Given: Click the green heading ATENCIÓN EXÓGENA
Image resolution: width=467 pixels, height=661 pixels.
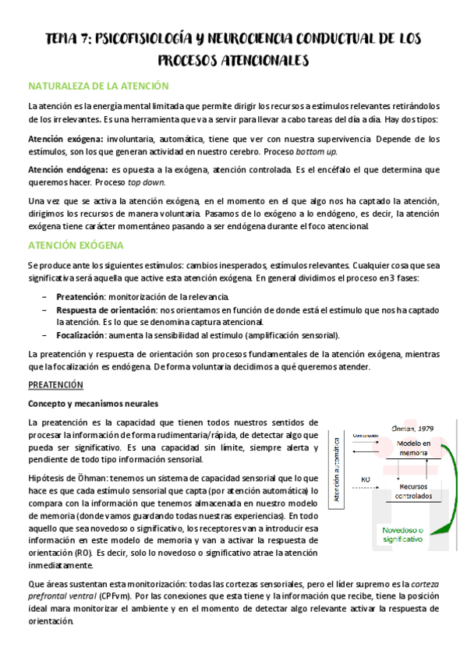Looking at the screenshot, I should [x=76, y=245].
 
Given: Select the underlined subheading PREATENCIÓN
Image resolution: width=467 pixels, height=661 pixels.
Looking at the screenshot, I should [x=55, y=385].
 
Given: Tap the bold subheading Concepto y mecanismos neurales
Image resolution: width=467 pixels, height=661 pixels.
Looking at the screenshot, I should [x=93, y=404].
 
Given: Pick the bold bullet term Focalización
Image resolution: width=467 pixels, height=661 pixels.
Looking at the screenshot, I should [x=81, y=335].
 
